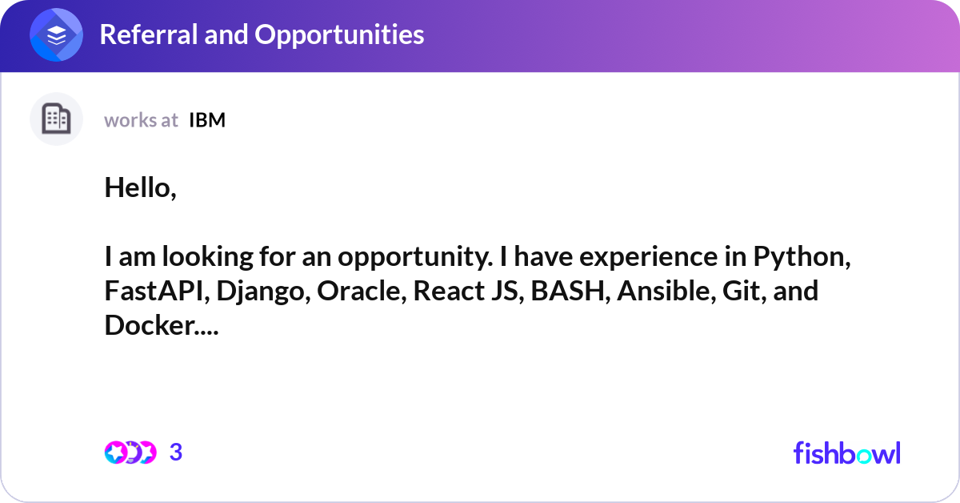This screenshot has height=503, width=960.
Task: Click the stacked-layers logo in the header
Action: click(57, 35)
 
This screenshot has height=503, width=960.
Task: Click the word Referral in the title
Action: click(147, 34)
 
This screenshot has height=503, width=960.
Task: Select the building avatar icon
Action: click(56, 119)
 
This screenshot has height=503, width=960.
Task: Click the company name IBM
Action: click(207, 120)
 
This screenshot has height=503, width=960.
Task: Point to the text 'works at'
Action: click(141, 120)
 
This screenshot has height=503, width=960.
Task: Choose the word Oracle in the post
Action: click(361, 291)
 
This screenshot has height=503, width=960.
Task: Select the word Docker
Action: click(149, 324)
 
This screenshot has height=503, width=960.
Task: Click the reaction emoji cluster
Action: click(130, 453)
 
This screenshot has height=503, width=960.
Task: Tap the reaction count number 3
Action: click(176, 453)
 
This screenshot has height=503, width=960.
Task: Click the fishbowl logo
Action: click(846, 453)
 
